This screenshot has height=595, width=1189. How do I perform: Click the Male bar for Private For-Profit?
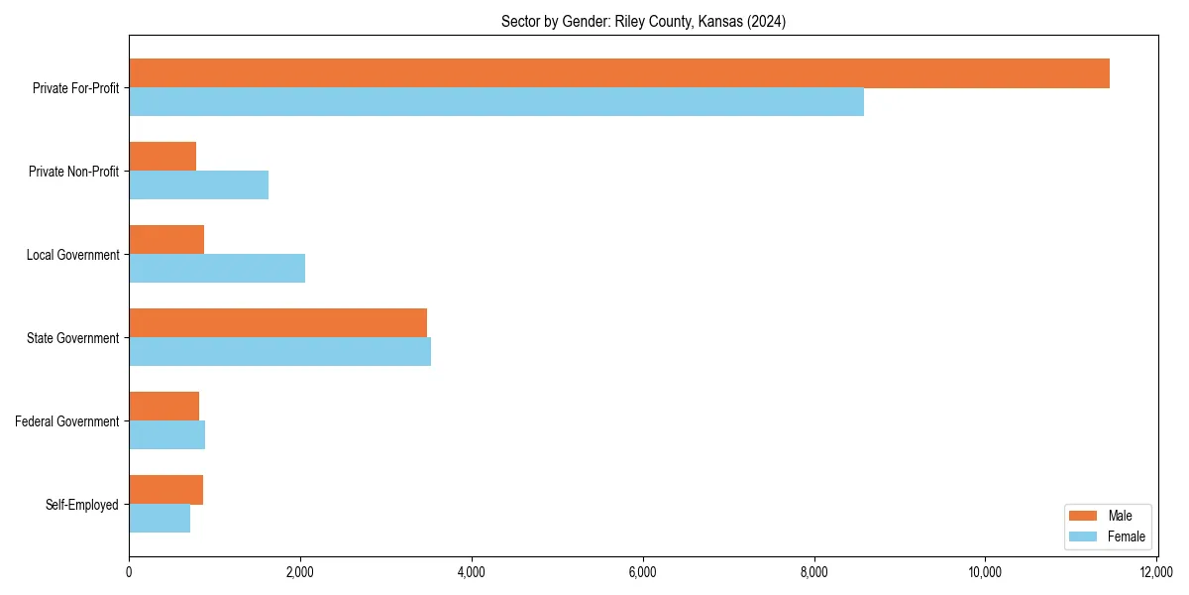[619, 73]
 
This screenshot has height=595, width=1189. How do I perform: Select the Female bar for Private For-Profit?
[496, 102]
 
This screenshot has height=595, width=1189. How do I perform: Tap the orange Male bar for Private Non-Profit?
[162, 157]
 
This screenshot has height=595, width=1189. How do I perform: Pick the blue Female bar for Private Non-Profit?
[198, 185]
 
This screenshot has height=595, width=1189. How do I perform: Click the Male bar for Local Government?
[166, 240]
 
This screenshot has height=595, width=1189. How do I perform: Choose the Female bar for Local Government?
[217, 269]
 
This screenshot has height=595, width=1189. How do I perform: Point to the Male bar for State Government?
[277, 323]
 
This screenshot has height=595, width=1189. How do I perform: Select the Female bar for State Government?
[279, 352]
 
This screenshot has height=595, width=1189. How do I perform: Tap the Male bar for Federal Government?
[163, 407]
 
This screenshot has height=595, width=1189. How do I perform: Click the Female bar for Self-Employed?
[160, 519]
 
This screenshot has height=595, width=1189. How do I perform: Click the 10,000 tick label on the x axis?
[985, 572]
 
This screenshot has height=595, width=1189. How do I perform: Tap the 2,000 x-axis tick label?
[300, 572]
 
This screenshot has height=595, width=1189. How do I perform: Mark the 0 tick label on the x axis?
[129, 572]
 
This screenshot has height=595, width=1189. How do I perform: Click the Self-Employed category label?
[82, 505]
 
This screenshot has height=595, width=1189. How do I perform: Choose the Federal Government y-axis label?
[67, 421]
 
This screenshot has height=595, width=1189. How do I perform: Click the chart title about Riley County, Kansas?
[643, 22]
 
